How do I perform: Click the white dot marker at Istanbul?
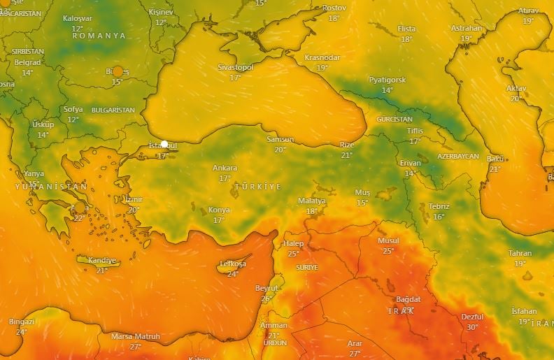click(164, 144)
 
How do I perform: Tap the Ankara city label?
click(225, 168)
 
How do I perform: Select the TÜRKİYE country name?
click(258, 187)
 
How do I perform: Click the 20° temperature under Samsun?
click(280, 150)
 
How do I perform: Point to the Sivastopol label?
click(235, 67)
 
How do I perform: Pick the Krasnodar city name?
click(322, 57)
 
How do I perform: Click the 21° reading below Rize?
click(347, 155)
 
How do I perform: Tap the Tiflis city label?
click(415, 131)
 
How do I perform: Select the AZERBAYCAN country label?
click(458, 156)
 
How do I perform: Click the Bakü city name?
click(495, 159)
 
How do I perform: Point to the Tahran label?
click(520, 253)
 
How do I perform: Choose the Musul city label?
click(388, 240)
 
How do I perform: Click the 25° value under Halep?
click(294, 254)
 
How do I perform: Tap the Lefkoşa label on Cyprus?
click(233, 264)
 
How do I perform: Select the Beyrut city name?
click(267, 288)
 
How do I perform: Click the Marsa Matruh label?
click(136, 336)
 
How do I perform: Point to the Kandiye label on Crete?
click(102, 261)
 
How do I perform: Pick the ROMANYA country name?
click(99, 36)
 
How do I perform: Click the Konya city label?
click(219, 210)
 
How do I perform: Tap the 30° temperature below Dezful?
click(472, 327)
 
